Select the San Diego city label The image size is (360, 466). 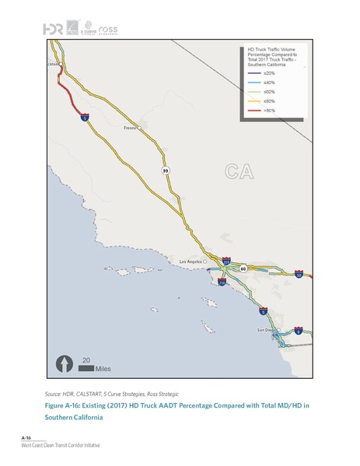tap(266, 330)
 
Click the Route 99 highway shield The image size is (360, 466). tap(165, 170)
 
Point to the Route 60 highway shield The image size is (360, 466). tap(243, 269)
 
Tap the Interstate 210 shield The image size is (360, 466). tap(226, 262)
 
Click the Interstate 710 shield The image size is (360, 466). tap(222, 285)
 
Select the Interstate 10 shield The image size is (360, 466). tap(299, 275)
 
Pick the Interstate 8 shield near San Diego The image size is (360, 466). tap(298, 332)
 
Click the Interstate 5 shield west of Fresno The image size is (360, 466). tap(84, 119)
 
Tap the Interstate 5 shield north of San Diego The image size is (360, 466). tap(264, 311)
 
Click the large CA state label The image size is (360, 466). tap(239, 170)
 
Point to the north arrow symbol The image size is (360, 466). tap(61, 363)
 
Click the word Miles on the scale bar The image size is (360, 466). tap(92, 369)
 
